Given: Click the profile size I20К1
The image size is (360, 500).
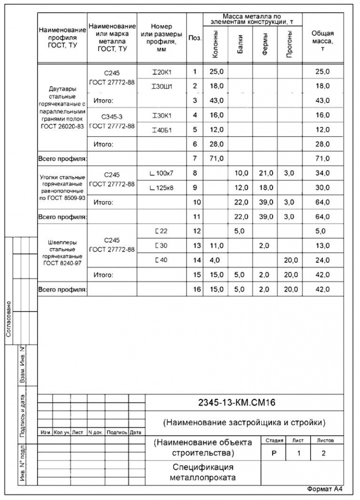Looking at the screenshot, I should point(162,72).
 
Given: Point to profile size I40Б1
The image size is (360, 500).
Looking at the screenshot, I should point(162,129).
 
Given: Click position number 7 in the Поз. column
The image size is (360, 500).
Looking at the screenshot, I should point(194,158).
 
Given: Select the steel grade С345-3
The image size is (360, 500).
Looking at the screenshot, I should point(111,117).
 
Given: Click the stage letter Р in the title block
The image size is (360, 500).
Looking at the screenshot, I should point(274,453).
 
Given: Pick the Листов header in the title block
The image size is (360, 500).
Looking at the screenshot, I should point(326,440).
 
